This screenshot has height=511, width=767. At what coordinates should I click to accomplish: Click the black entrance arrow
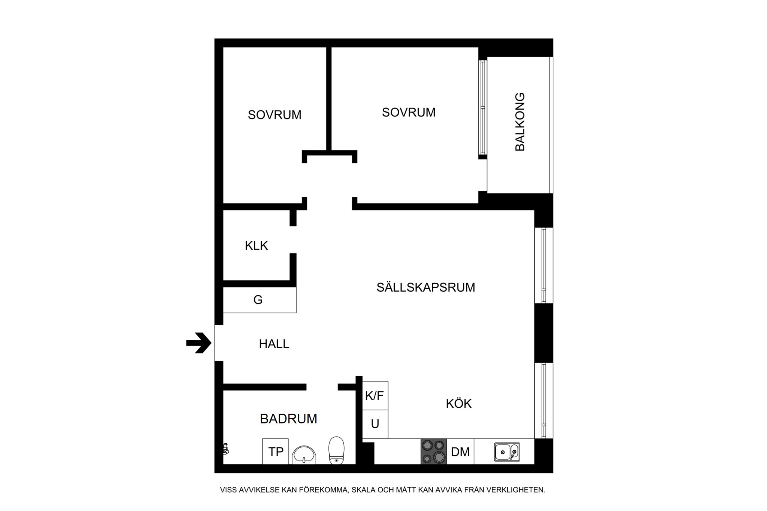[199, 343]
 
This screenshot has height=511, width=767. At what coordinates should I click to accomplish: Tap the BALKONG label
[520, 122]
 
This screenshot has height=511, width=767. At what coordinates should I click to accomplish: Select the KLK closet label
[257, 246]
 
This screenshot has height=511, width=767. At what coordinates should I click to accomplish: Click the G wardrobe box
[260, 300]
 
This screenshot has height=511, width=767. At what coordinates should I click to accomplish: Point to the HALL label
[274, 344]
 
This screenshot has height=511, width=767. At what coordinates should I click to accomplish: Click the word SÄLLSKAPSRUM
[426, 287]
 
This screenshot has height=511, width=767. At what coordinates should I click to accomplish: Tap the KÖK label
[459, 403]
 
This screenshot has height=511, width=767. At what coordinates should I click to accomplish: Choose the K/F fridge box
[375, 396]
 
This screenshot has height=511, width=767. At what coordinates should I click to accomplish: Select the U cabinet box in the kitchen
[375, 425]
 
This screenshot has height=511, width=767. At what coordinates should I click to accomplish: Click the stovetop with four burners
[434, 451]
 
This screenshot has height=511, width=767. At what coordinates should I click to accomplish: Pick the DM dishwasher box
[460, 452]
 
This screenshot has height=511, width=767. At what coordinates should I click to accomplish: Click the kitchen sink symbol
[507, 452]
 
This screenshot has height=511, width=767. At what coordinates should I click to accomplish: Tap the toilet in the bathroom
[336, 450]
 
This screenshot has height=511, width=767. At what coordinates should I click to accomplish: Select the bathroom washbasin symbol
[304, 455]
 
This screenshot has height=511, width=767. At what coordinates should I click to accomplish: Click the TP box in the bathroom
[275, 451]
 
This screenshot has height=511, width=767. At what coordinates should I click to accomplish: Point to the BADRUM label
[288, 419]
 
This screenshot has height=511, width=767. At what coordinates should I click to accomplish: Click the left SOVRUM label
[275, 115]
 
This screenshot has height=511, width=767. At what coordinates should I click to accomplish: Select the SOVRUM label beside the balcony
[409, 112]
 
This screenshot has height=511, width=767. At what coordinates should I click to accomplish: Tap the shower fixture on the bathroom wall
[226, 448]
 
